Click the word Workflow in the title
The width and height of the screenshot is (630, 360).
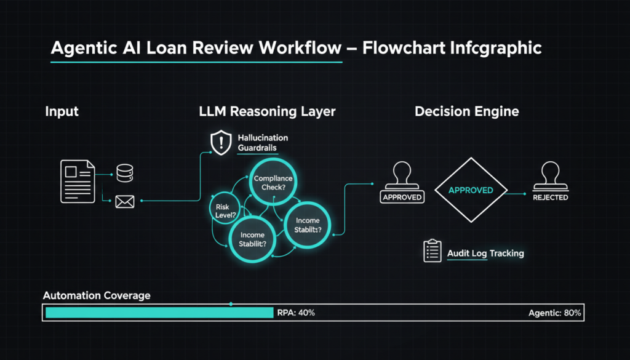click(x=298, y=49)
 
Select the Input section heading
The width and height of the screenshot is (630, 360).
click(x=62, y=112)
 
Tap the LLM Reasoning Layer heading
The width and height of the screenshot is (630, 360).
click(x=267, y=112)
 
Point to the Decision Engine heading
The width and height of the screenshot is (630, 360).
click(x=466, y=112)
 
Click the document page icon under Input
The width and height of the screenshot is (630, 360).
click(x=77, y=181)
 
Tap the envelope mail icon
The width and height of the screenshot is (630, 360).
click(x=125, y=201)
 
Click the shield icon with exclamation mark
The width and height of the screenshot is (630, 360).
click(x=220, y=143)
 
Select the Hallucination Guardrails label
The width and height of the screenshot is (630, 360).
click(x=263, y=143)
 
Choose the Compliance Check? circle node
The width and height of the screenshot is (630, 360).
click(x=273, y=183)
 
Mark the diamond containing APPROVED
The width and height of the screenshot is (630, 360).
click(x=471, y=190)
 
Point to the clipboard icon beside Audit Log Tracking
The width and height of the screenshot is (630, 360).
click(x=433, y=251)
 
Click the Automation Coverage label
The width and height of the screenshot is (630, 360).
click(x=97, y=295)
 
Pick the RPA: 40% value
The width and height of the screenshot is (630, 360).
click(x=297, y=313)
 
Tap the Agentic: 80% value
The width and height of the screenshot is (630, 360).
click(x=554, y=313)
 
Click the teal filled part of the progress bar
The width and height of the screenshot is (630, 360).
click(x=159, y=313)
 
